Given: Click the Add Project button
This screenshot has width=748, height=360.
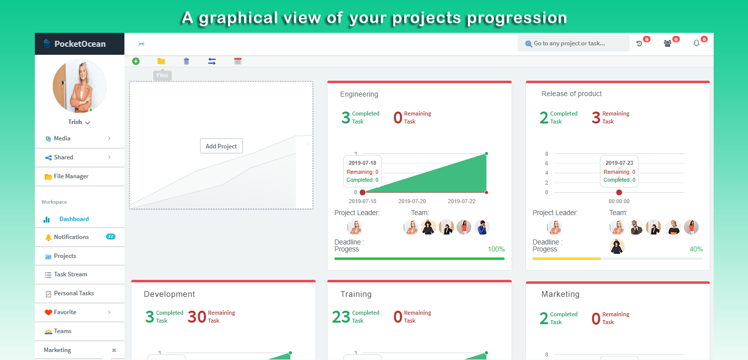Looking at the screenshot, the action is tap(221, 146).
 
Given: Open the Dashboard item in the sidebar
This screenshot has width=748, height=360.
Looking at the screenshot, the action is tap(74, 219).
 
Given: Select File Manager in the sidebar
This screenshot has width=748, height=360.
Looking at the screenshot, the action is tap(71, 176).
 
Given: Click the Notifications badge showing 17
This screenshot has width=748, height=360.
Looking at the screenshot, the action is tap(110, 237).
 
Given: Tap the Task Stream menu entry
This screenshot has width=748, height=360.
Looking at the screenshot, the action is tap(71, 274).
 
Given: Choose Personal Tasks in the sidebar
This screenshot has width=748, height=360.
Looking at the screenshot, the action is tap(74, 293).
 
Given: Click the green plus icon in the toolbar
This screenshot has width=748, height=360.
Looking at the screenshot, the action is tap(136, 61).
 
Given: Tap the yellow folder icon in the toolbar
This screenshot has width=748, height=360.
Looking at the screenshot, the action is tap(161, 61).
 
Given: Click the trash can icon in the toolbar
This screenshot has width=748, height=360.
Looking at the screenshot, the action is tap(186, 61).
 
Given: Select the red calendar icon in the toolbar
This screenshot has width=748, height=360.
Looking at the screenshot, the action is tap(238, 61).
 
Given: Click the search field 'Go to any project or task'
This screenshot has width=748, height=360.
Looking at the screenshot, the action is tap(573, 43).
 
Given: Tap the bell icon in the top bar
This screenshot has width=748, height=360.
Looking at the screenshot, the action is tap(696, 43).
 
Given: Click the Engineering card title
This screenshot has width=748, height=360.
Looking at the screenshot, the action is tap(359, 94).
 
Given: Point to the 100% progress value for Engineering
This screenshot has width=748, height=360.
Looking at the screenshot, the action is tap(496, 249).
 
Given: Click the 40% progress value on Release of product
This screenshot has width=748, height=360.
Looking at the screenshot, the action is tap(696, 249).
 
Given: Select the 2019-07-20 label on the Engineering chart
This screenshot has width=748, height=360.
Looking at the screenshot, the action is tap(412, 201).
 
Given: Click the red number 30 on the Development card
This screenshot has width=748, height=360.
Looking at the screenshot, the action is tap(197, 317).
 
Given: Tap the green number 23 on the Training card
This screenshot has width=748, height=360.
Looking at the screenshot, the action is tap(341, 317).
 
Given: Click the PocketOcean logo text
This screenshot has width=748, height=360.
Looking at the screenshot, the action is tap(80, 44).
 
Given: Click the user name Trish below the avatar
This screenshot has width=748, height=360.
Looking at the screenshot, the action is tap(75, 122).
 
